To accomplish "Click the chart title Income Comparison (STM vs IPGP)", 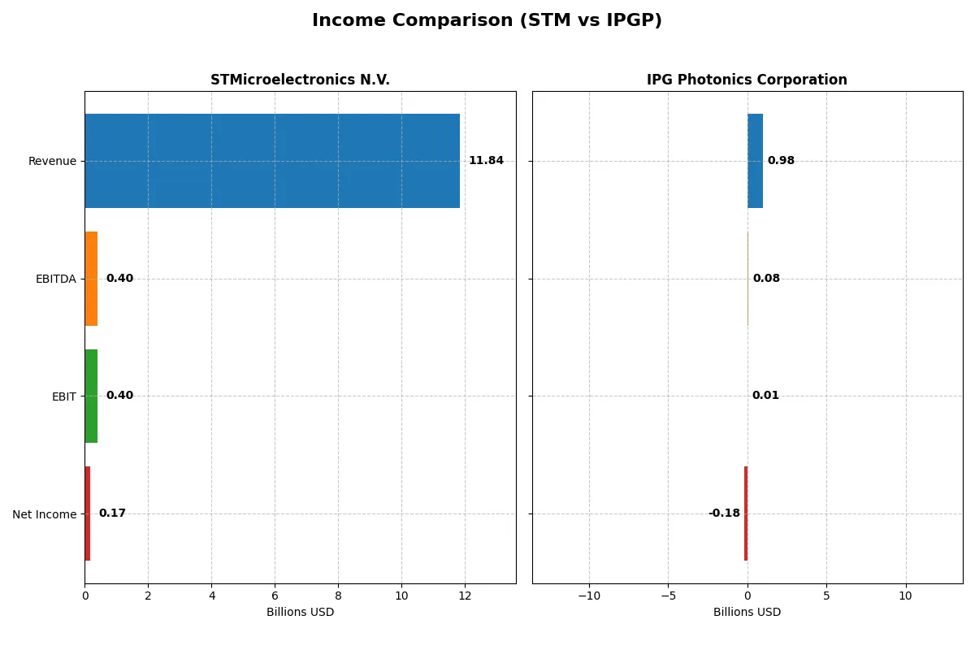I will click(x=487, y=20).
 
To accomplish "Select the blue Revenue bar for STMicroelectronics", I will click(x=271, y=161).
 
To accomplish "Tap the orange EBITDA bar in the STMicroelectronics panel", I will click(x=91, y=279).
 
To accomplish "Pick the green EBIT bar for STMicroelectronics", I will click(x=91, y=396).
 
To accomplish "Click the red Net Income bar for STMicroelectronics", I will click(x=88, y=513).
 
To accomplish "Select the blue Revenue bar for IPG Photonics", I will click(x=755, y=161).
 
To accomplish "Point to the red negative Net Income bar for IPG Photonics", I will click(x=745, y=513).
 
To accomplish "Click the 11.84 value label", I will click(x=486, y=161).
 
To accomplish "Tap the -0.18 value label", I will click(x=724, y=513).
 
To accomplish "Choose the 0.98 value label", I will click(x=781, y=161).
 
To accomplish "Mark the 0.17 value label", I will click(x=112, y=513).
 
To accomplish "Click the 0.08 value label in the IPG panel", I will click(x=766, y=279).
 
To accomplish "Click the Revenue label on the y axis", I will click(x=52, y=161).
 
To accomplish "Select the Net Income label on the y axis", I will click(x=45, y=514).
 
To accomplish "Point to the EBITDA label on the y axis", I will click(x=56, y=279).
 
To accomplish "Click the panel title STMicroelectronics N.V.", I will click(x=300, y=80).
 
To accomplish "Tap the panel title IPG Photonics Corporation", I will click(x=747, y=80).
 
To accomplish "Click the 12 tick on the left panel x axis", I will click(x=465, y=596).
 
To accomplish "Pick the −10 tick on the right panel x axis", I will click(x=589, y=596).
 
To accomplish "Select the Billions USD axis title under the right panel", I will click(x=747, y=612).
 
